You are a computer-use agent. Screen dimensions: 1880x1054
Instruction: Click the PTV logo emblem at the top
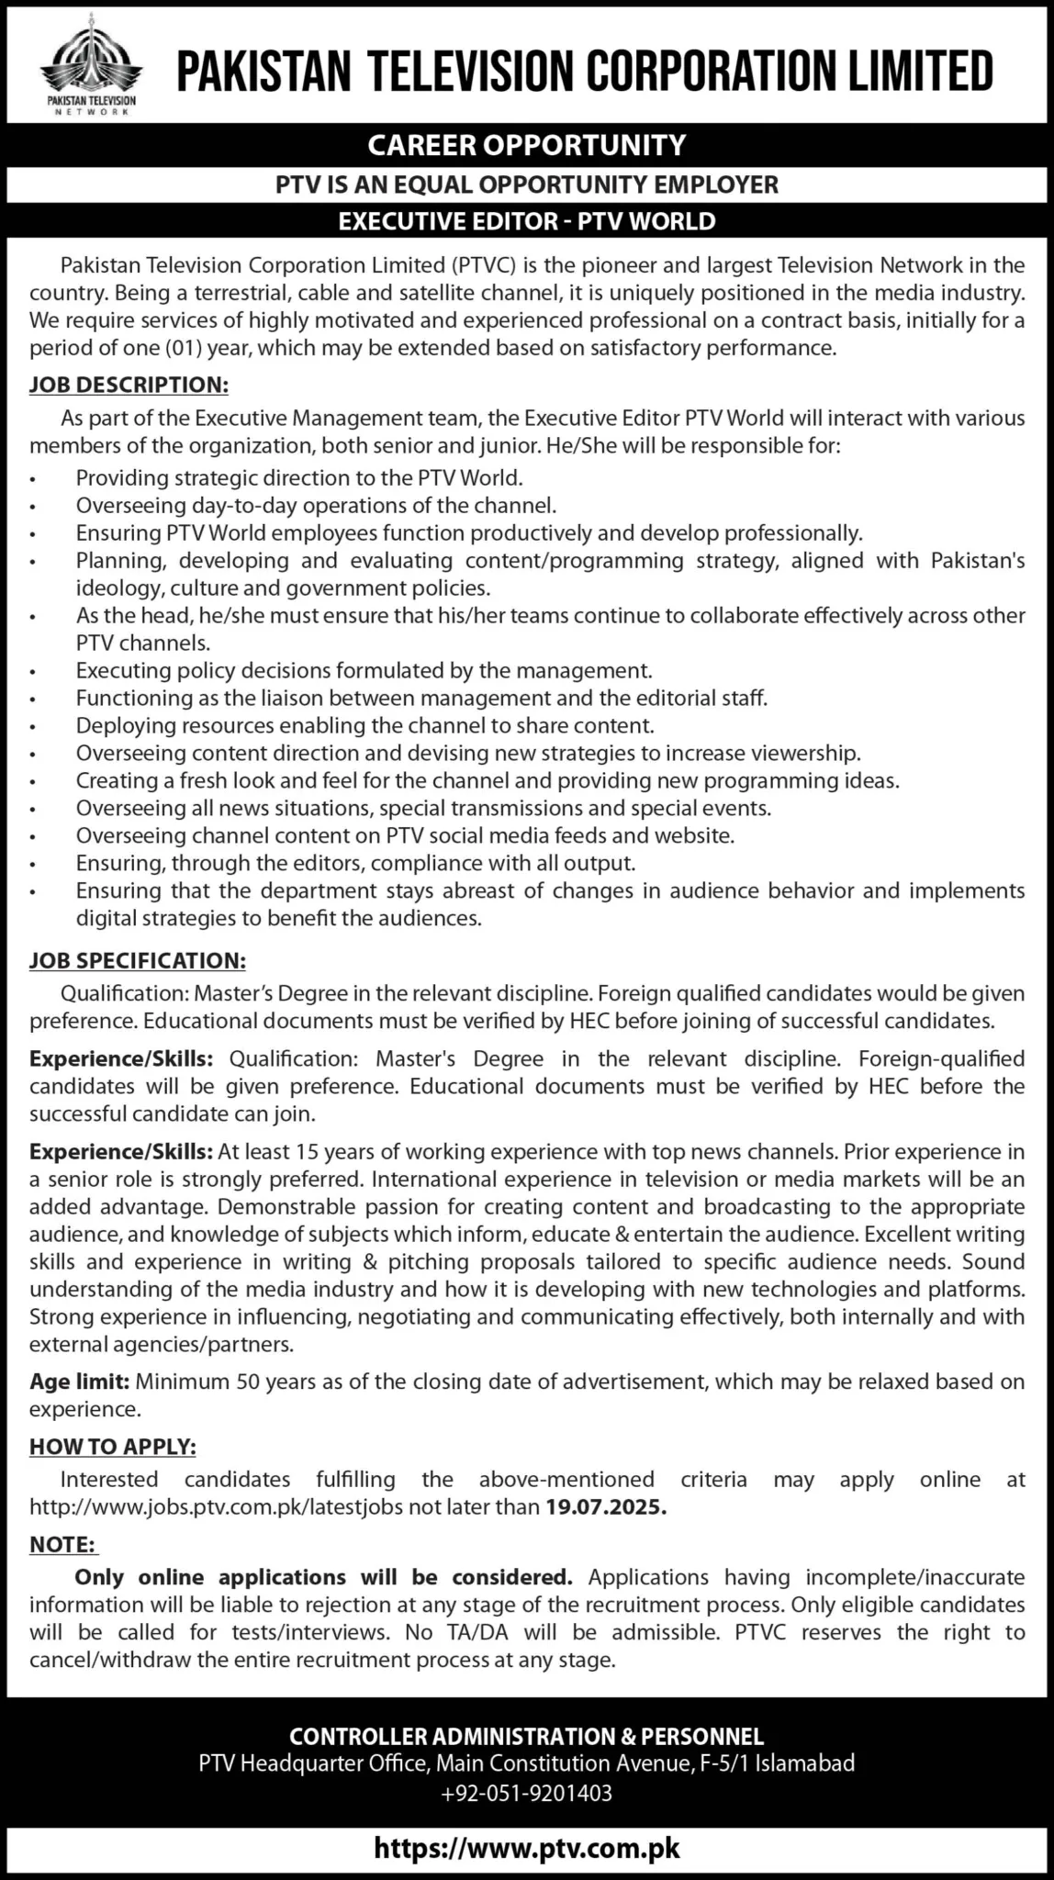pyautogui.click(x=89, y=61)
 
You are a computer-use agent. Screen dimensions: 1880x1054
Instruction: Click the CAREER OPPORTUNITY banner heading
pyautogui.click(x=526, y=145)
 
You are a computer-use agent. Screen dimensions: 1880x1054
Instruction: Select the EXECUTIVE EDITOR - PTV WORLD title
pyautogui.click(x=526, y=221)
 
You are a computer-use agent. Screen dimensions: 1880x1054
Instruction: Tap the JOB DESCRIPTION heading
pyautogui.click(x=129, y=384)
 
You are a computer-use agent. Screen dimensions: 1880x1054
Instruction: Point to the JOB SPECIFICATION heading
pyautogui.click(x=138, y=961)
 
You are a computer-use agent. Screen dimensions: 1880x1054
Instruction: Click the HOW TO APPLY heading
pyautogui.click(x=113, y=1447)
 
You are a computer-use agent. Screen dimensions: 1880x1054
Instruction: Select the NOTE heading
pyautogui.click(x=63, y=1544)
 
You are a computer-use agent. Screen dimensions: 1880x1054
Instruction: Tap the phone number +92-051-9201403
pyautogui.click(x=526, y=1793)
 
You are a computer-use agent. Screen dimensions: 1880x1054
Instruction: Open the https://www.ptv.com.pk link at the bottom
pyautogui.click(x=527, y=1847)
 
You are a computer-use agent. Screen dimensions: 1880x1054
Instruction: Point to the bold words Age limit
pyautogui.click(x=81, y=1381)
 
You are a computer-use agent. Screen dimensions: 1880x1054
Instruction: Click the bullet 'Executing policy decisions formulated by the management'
pyautogui.click(x=364, y=670)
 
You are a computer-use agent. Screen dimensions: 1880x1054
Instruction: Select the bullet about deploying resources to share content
pyautogui.click(x=364, y=725)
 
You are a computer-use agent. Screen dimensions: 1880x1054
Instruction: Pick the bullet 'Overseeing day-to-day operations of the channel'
pyautogui.click(x=316, y=505)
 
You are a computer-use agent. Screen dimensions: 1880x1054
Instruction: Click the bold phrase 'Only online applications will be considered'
pyautogui.click(x=323, y=1577)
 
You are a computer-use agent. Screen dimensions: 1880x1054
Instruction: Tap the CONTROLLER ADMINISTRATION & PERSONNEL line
pyautogui.click(x=526, y=1736)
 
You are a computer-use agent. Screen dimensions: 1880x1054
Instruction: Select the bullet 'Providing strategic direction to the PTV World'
pyautogui.click(x=299, y=477)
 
